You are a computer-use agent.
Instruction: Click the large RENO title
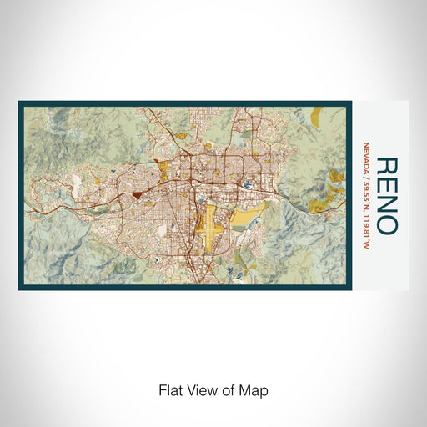(386, 195)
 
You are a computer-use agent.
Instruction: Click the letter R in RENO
(386, 166)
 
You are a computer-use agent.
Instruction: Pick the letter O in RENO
(386, 224)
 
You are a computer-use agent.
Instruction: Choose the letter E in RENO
(386, 184)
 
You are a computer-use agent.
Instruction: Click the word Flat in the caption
(170, 389)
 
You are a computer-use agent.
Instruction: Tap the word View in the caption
(201, 389)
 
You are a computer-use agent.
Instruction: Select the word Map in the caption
(255, 389)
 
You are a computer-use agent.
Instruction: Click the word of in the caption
(229, 389)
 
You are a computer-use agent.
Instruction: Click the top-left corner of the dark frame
(19, 103)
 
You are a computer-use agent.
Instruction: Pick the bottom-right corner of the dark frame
(350, 289)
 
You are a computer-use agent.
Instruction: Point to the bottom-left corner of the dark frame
(19, 289)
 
